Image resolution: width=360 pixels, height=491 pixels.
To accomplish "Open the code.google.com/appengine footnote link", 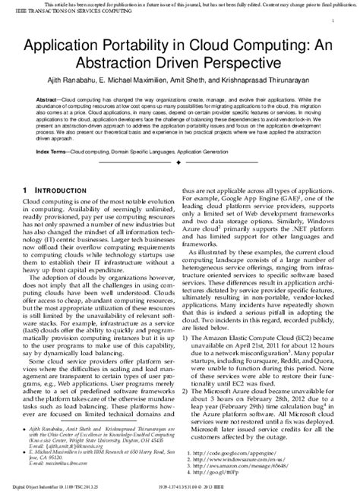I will point(240,453).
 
